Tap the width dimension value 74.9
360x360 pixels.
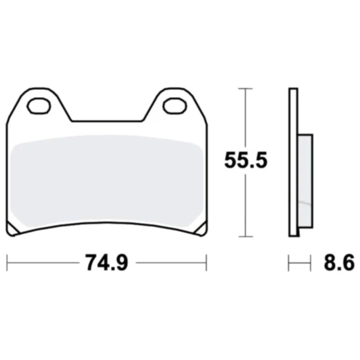click(107, 263)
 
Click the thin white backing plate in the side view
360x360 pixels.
click(293, 163)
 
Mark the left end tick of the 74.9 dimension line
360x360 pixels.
click(7, 263)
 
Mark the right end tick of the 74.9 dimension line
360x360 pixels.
click(206, 263)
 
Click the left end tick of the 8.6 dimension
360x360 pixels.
click(289, 263)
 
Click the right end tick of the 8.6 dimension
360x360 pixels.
click(309, 263)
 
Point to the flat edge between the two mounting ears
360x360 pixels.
click(107, 118)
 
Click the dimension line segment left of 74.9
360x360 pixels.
click(42, 263)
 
